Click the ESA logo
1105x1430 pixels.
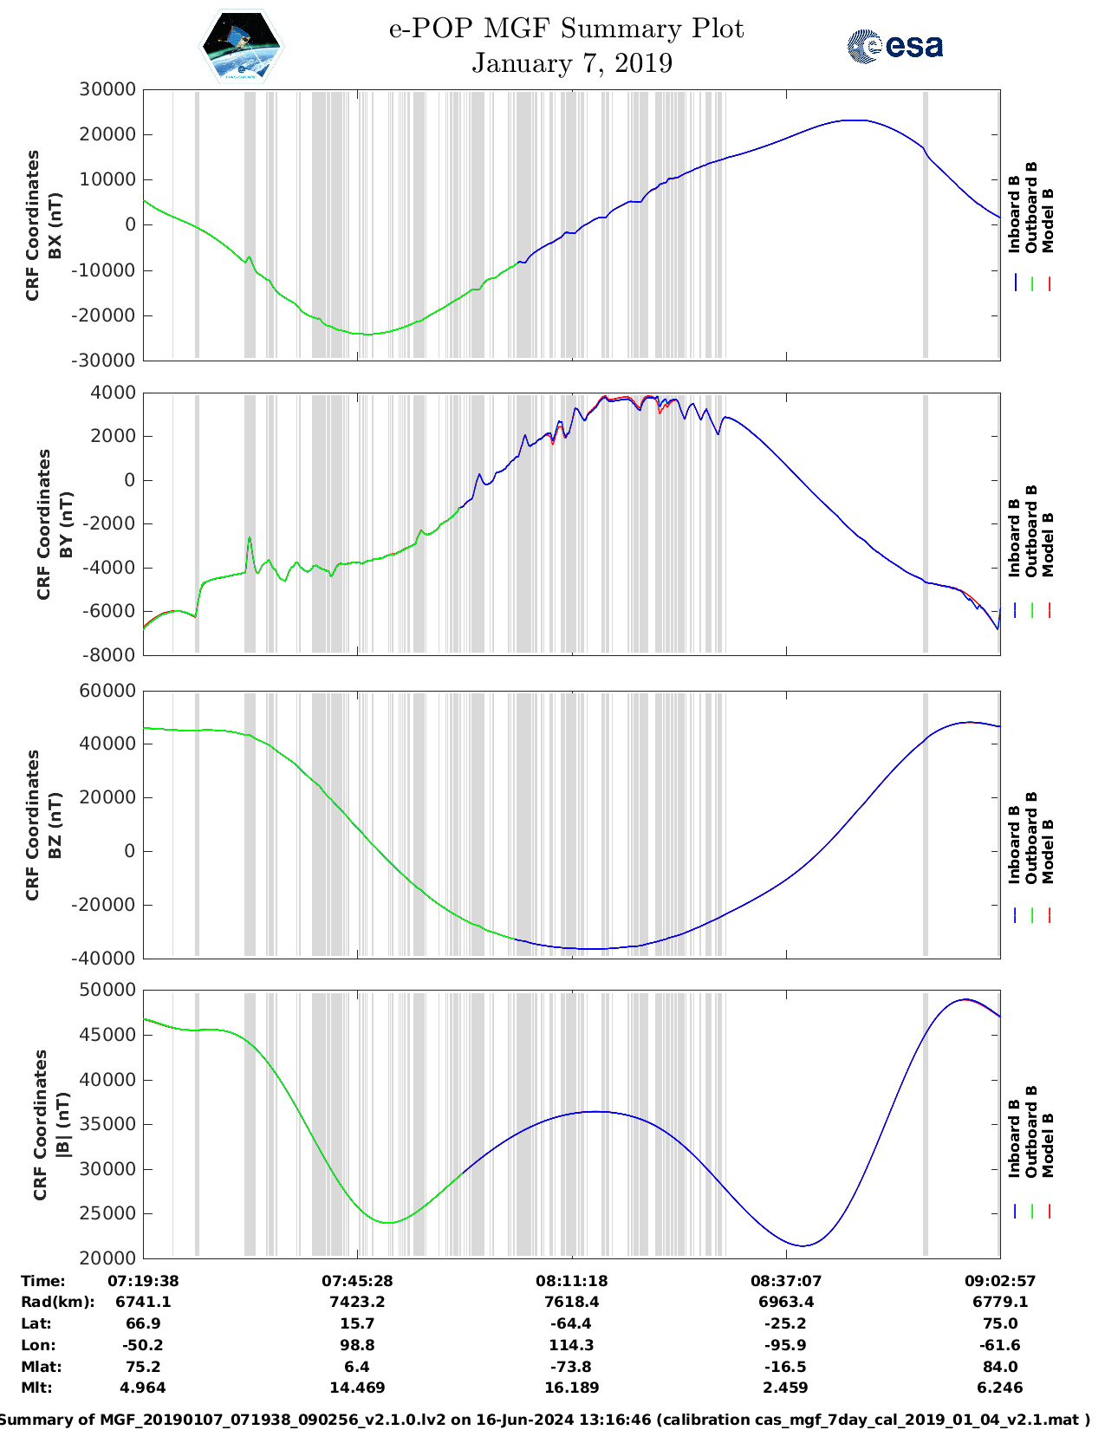895,46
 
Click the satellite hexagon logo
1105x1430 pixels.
242,45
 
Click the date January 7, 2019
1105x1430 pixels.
572,63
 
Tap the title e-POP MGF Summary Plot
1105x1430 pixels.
566,29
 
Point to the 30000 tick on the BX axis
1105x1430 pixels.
107,89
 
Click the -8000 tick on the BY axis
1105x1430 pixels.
109,655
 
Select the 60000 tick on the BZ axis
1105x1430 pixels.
107,691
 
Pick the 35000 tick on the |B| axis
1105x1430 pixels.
107,1124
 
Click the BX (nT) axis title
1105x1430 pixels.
55,225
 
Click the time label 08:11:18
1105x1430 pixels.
571,1281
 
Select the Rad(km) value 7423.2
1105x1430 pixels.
357,1302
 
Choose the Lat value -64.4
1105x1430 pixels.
571,1323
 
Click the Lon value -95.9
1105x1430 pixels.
786,1345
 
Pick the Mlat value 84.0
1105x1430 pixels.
1000,1367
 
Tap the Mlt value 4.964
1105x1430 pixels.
143,1388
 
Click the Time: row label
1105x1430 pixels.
43,1281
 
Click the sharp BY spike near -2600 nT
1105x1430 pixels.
250,538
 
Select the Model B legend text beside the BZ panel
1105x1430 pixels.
1048,851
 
